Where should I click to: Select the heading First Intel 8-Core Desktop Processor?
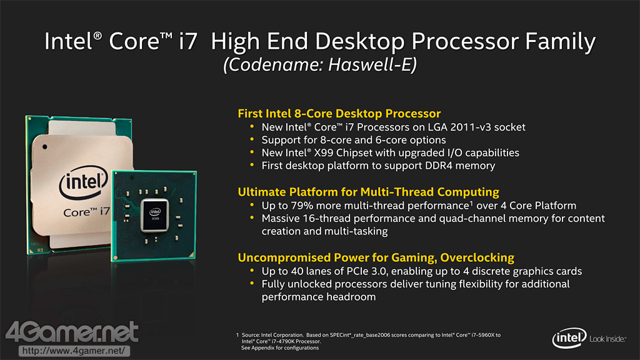click(339, 114)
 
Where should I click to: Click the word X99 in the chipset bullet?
click(323, 152)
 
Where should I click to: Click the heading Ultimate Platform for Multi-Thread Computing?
click(369, 192)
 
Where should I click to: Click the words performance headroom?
click(318, 297)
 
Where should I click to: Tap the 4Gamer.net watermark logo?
click(72, 332)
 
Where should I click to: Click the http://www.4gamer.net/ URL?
click(74, 351)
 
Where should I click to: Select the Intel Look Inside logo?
click(589, 338)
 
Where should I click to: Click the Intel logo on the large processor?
click(84, 182)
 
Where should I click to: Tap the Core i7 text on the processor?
click(86, 212)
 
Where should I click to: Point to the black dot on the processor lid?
click(44, 147)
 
